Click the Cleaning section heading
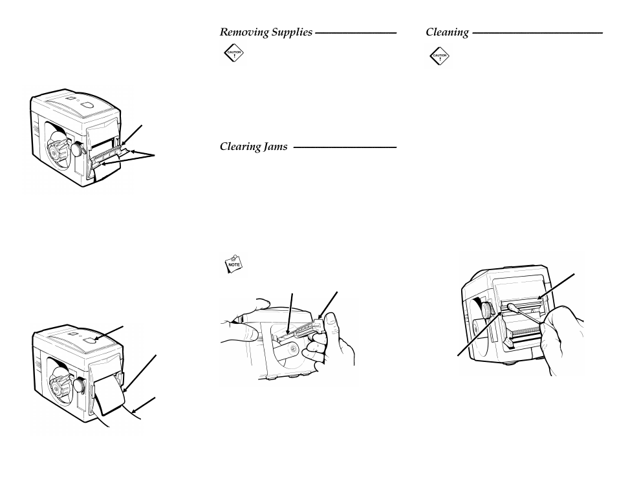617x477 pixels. point(447,32)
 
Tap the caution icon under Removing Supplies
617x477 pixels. point(233,56)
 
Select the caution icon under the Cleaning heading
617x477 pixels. point(440,57)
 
